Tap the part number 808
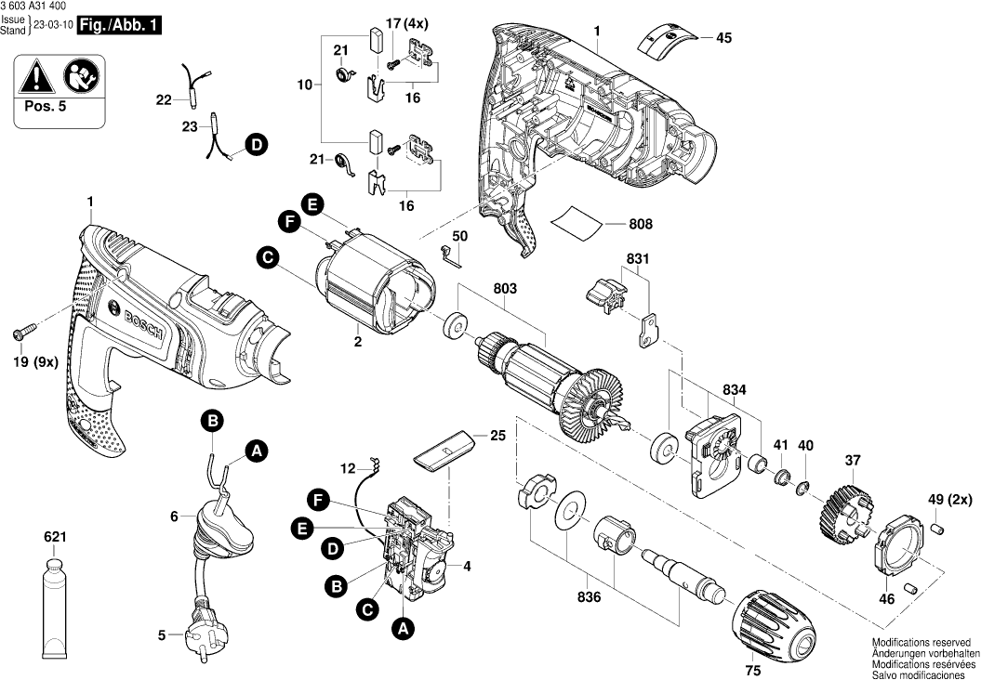640,224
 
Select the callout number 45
723,38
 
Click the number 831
639,259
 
